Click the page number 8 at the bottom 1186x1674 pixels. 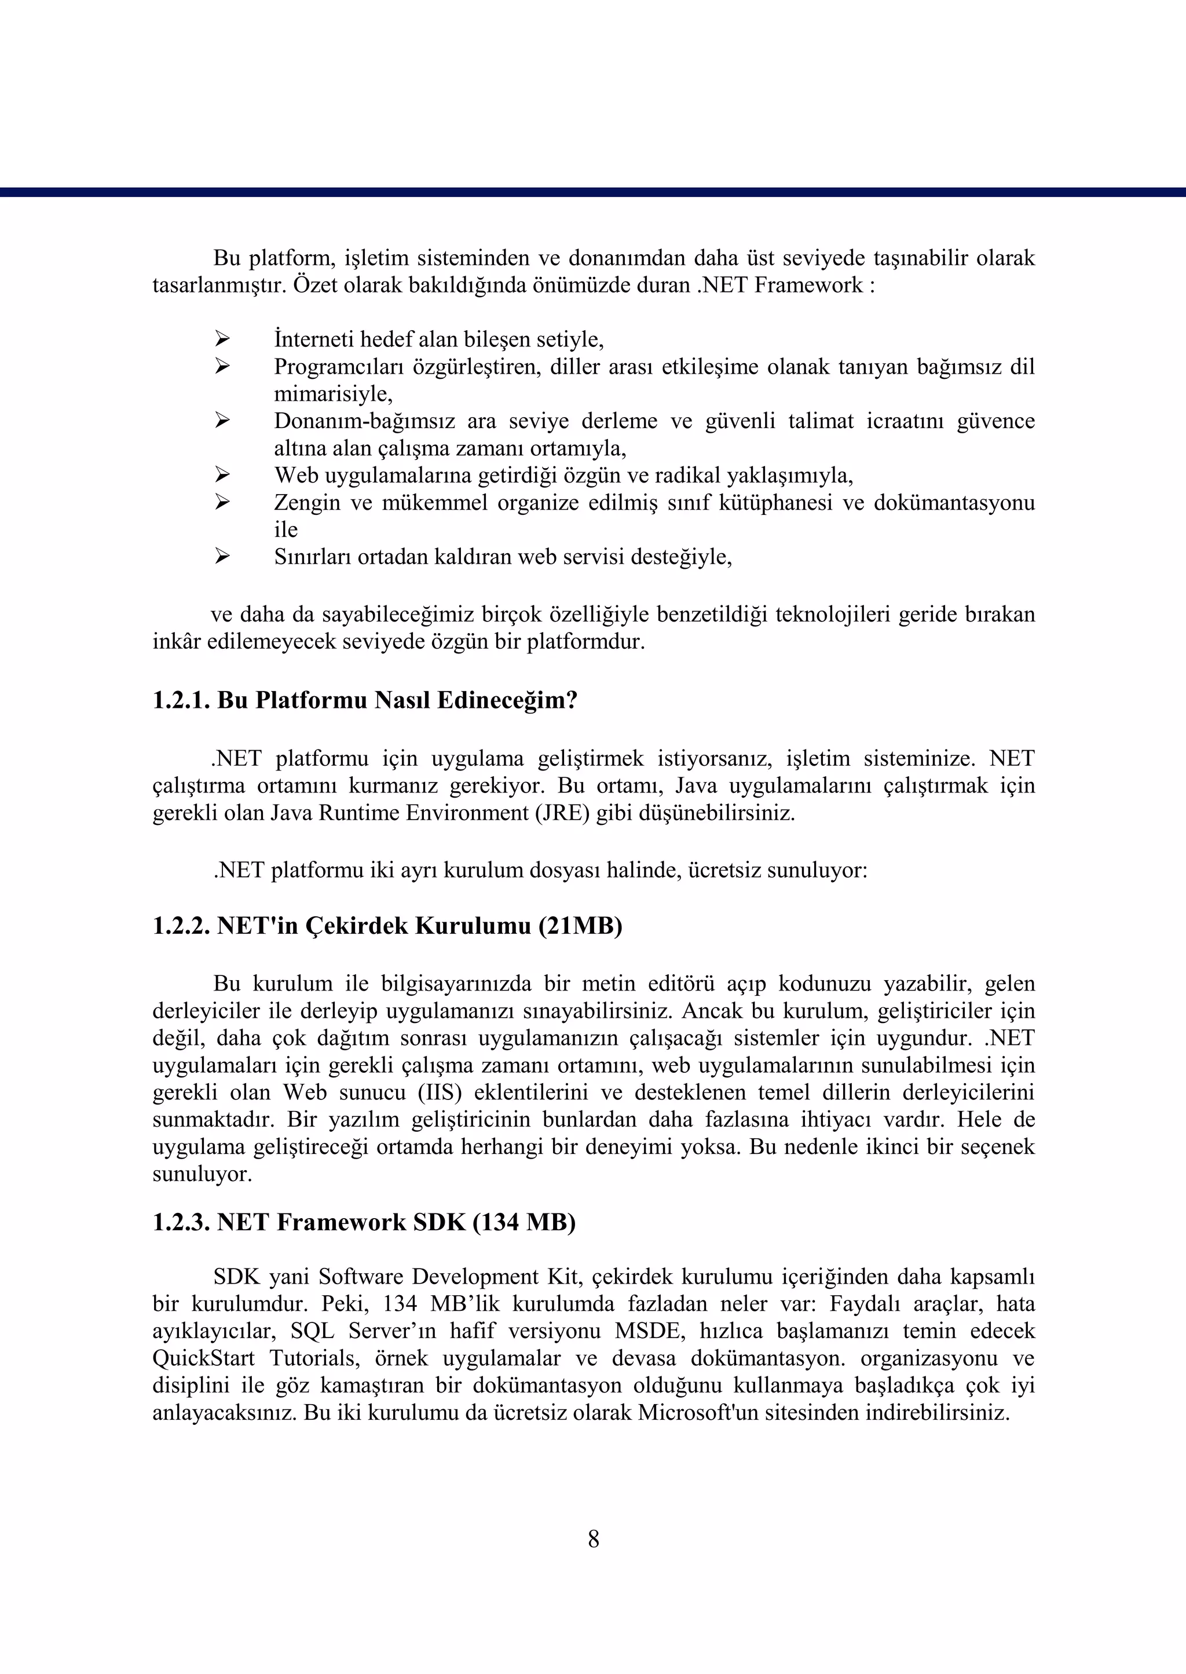pos(593,1539)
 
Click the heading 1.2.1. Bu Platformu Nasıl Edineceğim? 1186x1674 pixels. pos(365,700)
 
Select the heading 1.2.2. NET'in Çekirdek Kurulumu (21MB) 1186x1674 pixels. pos(387,926)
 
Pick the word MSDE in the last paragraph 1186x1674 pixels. pos(653,1331)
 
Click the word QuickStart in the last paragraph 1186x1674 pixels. pos(204,1358)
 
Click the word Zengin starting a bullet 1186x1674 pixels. pos(307,503)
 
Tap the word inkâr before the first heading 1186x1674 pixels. pos(177,642)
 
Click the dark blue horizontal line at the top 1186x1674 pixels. pos(593,193)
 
